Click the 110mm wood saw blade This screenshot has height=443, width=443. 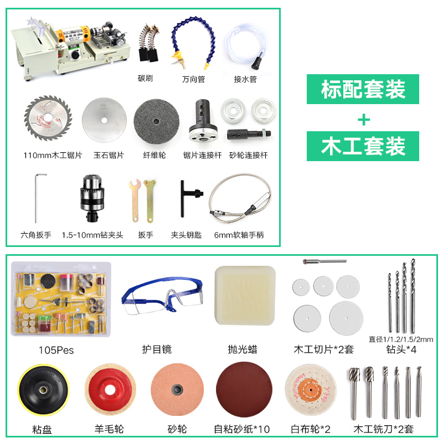click(x=48, y=118)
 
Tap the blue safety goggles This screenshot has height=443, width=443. click(x=162, y=295)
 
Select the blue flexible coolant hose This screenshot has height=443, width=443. click(x=193, y=43)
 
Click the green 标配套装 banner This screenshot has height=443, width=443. click(x=363, y=89)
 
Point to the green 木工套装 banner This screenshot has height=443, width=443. click(x=363, y=146)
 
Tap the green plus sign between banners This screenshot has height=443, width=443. click(x=364, y=120)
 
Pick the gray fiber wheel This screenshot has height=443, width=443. click(x=156, y=122)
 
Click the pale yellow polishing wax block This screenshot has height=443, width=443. click(x=245, y=295)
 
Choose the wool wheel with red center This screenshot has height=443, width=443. click(x=110, y=390)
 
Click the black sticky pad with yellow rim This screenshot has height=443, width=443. click(x=43, y=390)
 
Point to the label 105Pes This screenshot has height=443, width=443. click(x=56, y=351)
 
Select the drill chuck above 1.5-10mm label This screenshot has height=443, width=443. click(x=91, y=198)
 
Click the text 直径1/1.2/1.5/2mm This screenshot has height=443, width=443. click(x=401, y=339)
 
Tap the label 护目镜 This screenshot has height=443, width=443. click(x=157, y=349)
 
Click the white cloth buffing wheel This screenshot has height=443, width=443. click(x=311, y=390)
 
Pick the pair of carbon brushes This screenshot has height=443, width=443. click(x=149, y=43)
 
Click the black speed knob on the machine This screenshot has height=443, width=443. click(x=75, y=55)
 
